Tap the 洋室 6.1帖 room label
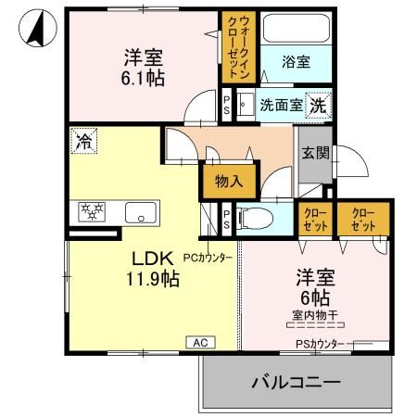[142, 67]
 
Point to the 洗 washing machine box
[317, 105]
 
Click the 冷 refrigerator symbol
[83, 142]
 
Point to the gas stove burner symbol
[92, 211]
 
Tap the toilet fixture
[259, 219]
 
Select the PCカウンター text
[208, 257]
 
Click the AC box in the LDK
[200, 341]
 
